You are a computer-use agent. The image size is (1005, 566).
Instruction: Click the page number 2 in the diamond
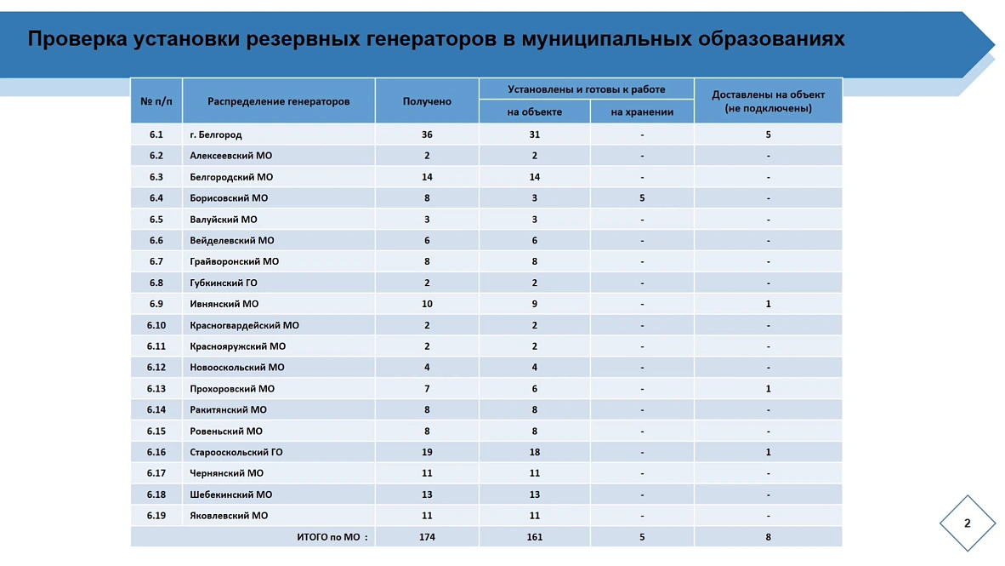967,523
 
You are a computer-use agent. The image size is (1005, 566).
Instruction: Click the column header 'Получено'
427,101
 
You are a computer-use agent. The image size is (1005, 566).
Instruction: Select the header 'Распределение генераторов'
278,101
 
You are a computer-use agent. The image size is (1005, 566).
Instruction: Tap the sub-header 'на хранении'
642,111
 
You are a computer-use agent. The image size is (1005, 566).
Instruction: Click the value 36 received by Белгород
427,134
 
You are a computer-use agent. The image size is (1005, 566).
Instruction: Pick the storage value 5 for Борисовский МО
642,198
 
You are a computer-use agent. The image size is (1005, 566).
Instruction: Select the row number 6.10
156,325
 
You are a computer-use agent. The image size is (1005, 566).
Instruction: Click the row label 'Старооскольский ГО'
236,452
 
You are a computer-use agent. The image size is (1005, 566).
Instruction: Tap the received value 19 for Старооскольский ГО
427,452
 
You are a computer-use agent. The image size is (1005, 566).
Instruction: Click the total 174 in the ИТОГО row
427,537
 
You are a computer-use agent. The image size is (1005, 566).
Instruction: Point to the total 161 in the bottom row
534,537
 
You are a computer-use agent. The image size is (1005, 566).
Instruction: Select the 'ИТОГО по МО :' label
332,537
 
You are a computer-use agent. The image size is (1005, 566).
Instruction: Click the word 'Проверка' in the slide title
76,39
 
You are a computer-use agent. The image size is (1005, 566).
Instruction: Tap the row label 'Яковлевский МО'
229,516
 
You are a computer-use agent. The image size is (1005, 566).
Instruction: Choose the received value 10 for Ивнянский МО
427,304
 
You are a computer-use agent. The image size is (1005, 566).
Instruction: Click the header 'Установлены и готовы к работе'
587,89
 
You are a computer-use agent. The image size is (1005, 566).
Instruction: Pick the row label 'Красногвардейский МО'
244,325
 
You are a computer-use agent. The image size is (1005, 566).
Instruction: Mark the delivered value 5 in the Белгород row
768,134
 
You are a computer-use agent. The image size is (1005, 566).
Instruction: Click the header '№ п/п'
156,101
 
